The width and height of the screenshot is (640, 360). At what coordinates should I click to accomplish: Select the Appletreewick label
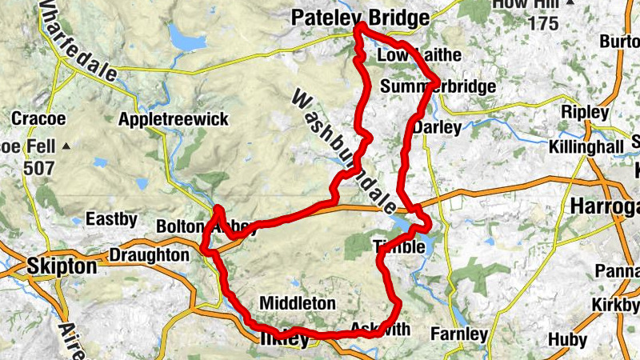(x=173, y=119)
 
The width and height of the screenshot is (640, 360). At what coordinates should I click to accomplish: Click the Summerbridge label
(x=438, y=86)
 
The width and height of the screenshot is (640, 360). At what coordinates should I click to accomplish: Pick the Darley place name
(x=441, y=127)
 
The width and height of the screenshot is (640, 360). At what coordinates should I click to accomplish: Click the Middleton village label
(x=297, y=303)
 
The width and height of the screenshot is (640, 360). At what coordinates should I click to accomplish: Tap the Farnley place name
(x=459, y=333)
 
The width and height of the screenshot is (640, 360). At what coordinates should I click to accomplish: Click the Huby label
(x=567, y=340)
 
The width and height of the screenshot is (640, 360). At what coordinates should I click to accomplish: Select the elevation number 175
(x=542, y=23)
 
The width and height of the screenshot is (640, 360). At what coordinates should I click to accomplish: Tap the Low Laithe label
(x=407, y=55)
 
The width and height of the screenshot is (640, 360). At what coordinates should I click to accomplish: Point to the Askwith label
(x=380, y=330)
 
